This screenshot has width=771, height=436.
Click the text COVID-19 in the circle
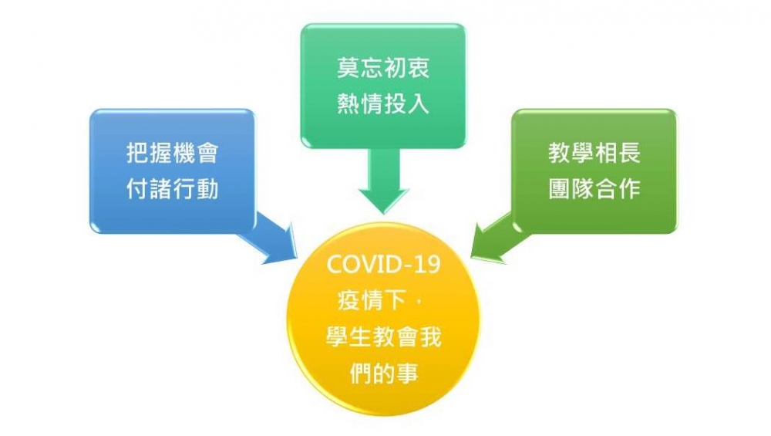point(383,265)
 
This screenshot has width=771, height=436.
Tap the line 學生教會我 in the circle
point(383,337)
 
